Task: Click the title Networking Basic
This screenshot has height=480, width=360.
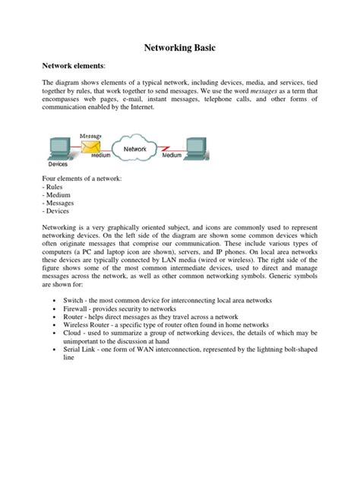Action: tap(180, 48)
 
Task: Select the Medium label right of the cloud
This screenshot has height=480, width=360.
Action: tap(172, 155)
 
